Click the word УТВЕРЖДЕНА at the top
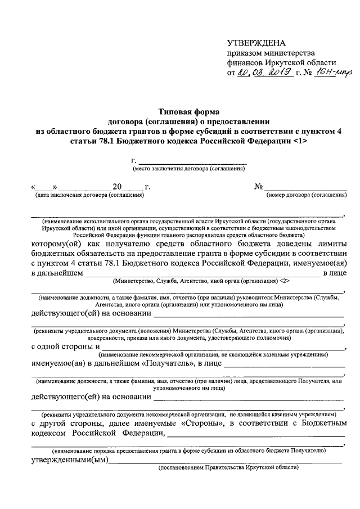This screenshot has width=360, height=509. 256,43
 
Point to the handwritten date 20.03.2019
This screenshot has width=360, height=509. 264,73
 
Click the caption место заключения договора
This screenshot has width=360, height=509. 188,169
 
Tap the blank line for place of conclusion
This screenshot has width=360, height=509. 191,163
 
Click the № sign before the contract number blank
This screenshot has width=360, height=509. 259,187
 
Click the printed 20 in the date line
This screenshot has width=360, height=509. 116,187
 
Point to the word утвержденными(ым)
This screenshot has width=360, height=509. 70,460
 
